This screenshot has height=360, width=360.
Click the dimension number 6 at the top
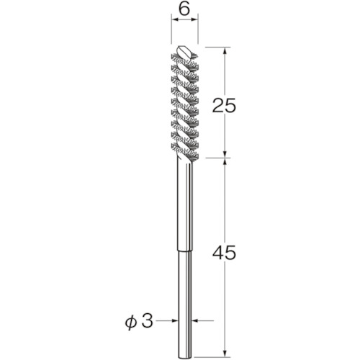[184, 9]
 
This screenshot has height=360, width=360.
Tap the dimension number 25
[225, 105]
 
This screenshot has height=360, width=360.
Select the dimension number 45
[225, 253]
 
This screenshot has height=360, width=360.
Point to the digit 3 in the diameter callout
[147, 321]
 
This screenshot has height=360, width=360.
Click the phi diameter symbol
[130, 322]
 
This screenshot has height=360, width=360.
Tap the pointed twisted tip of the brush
[184, 50]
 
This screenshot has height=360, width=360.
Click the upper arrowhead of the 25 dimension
[225, 52]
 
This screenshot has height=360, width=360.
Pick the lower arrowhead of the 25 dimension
[225, 153]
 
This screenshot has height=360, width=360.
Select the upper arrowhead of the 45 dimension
[225, 163]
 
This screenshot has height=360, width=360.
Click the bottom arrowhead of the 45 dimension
[225, 352]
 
